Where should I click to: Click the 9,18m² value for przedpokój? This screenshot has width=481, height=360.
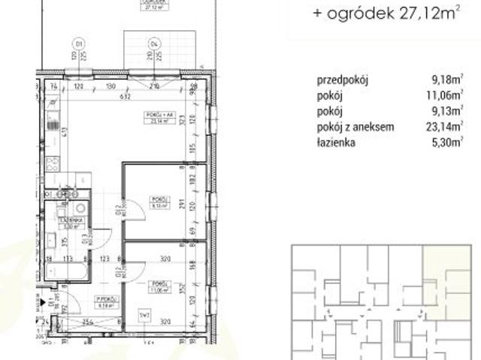tap(443, 79)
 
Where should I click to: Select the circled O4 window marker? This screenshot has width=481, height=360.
tap(154, 42)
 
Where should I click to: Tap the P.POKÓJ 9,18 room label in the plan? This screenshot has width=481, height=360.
tap(103, 302)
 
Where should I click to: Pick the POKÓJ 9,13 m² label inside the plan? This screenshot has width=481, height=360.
tap(159, 201)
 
